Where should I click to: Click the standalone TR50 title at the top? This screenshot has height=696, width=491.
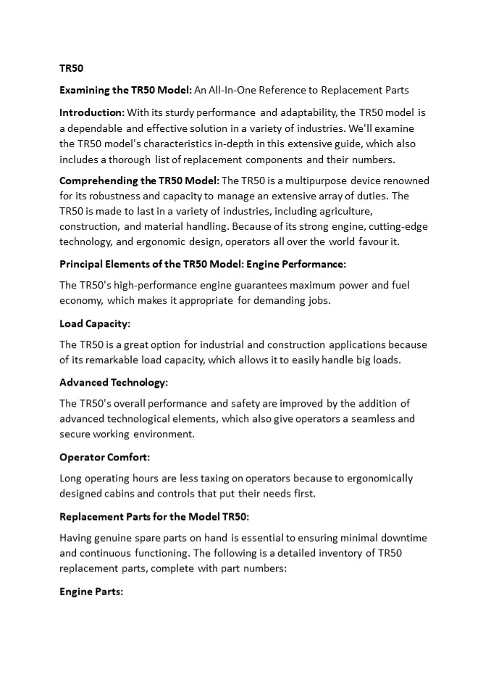[72, 68]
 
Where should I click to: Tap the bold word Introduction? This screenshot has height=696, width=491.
[91, 112]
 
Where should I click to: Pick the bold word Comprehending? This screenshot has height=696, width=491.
[101, 181]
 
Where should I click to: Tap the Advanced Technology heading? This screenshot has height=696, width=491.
[113, 382]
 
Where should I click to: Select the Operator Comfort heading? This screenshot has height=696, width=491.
[104, 457]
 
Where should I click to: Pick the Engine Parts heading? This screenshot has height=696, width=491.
[91, 592]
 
